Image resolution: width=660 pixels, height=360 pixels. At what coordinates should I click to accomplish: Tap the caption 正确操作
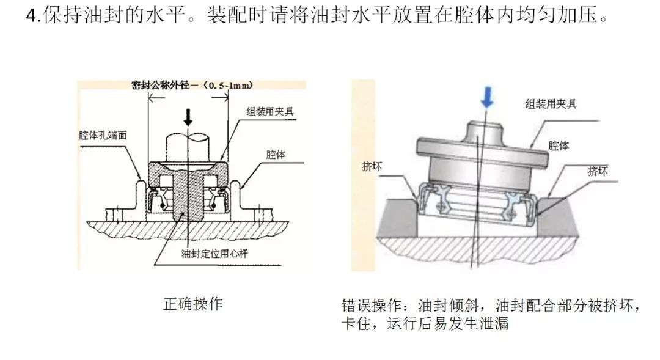[193, 304]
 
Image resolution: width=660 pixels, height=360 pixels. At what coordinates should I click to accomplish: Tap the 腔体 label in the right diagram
[559, 146]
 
